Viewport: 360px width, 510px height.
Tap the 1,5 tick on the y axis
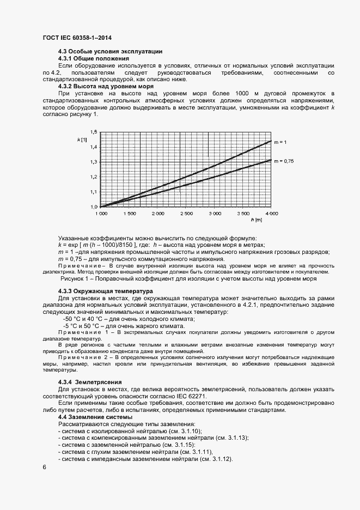point(94,132)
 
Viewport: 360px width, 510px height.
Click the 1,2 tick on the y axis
point(94,177)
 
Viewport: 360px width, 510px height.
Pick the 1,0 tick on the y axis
point(94,207)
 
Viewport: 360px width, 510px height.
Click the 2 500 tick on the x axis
point(186,213)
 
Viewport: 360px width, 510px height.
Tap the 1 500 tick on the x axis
point(130,213)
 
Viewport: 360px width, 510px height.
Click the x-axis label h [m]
point(257,220)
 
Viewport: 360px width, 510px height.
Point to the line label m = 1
point(280,142)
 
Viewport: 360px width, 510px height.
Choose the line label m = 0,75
point(283,161)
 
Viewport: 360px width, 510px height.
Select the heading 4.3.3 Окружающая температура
point(106,292)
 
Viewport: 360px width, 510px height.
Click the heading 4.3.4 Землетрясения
point(90,381)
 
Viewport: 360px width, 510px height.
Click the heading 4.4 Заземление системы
point(91,417)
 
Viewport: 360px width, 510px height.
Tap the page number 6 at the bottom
point(44,467)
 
